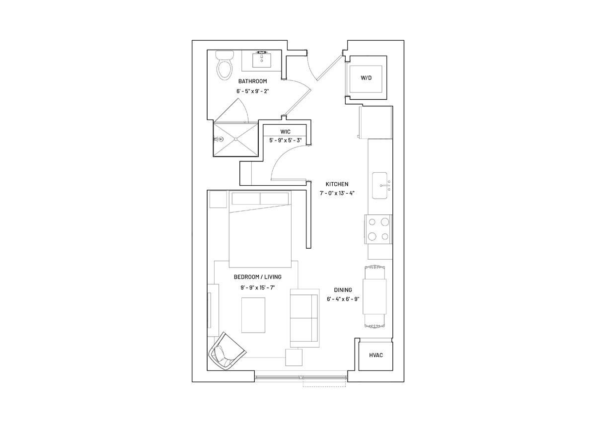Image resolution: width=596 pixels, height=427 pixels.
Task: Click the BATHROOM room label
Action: (x=252, y=81)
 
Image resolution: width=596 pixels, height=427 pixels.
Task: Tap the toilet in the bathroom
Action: (x=224, y=65)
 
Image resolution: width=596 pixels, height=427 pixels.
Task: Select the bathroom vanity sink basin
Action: (x=262, y=60)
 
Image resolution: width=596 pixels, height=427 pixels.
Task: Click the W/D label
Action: (x=366, y=77)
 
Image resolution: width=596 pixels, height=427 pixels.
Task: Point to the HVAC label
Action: (x=376, y=355)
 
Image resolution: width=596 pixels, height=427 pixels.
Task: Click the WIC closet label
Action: (x=285, y=132)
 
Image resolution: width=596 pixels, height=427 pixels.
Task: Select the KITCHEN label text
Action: (x=337, y=184)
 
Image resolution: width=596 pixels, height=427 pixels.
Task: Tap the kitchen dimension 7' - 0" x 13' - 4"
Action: (x=337, y=194)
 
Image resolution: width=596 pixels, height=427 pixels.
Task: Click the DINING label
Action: (x=343, y=290)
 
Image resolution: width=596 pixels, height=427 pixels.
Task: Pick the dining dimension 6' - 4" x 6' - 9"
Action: (x=343, y=299)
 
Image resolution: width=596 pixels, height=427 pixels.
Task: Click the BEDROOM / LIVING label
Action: (x=258, y=277)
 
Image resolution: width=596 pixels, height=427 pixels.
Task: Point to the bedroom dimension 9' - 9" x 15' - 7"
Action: (x=258, y=287)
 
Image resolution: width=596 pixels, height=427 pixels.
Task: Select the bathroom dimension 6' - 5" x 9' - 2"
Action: (x=252, y=91)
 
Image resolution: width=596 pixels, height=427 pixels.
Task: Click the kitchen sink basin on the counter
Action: (x=379, y=185)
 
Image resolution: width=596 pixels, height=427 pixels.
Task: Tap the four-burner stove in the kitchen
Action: (x=378, y=229)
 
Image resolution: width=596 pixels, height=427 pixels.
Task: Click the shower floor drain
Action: (x=236, y=139)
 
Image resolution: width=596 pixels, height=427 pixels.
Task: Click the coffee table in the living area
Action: (x=253, y=315)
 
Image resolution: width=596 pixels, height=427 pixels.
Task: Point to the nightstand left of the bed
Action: (x=218, y=199)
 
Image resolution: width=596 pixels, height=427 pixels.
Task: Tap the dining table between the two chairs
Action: (x=374, y=296)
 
